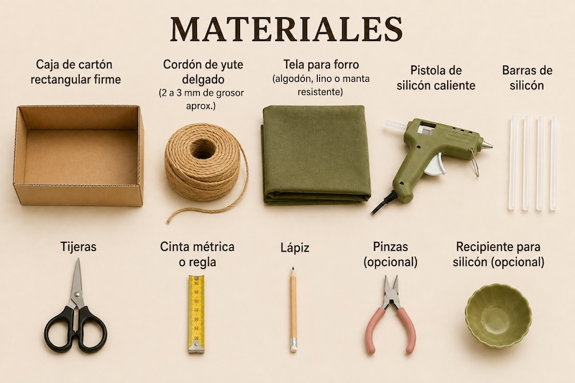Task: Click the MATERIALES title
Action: [x=286, y=29]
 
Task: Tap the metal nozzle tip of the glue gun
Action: [x=487, y=144]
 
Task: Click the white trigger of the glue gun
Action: [x=436, y=165]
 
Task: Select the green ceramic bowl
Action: [x=498, y=315]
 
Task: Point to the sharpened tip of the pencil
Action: [x=293, y=269]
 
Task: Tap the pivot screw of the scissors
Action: [x=77, y=294]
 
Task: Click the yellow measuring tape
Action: [x=196, y=314]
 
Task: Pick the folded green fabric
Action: [x=316, y=154]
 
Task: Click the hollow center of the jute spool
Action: [x=203, y=149]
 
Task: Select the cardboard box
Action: [x=78, y=155]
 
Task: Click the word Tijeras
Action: [x=78, y=247]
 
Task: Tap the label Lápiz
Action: [x=295, y=248]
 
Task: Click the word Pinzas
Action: [x=390, y=246]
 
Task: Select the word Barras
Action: [x=516, y=70]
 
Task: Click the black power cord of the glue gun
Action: [x=384, y=203]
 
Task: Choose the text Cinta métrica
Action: [x=197, y=246]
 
